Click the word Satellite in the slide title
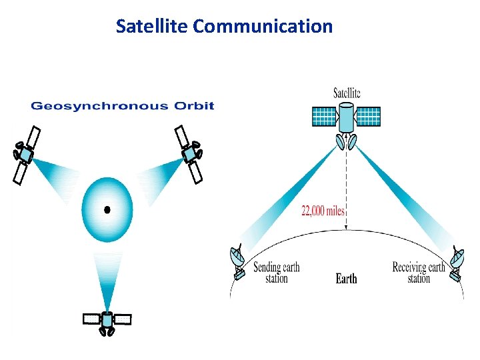(x=152, y=27)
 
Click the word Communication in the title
(x=263, y=27)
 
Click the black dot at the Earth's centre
(x=107, y=210)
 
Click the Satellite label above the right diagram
(x=347, y=93)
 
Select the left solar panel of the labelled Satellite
(x=325, y=117)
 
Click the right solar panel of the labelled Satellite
(x=369, y=117)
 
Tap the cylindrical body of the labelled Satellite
(x=347, y=119)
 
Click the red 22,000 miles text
(x=323, y=211)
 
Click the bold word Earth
(x=346, y=279)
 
